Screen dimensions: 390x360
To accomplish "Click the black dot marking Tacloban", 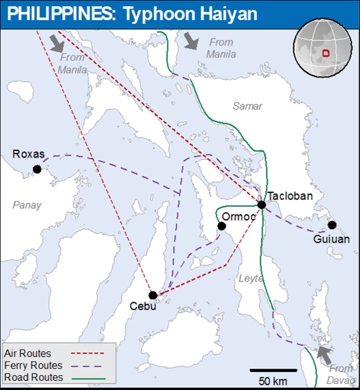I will tap(261, 204).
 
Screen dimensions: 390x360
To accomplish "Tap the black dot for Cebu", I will tap(153, 295).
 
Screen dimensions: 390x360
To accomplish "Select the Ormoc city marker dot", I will tap(221, 226).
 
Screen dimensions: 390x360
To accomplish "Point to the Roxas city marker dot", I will tap(37, 169).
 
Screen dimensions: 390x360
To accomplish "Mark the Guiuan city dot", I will tap(332, 225).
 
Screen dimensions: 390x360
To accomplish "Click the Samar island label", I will tap(248, 106).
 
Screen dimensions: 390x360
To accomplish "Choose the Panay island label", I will tap(27, 205).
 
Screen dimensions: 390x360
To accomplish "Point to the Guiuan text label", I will tap(332, 239).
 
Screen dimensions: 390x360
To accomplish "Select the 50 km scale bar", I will tap(273, 370).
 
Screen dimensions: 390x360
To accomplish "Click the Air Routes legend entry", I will tap(27, 354).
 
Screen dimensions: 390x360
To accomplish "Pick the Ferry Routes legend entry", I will tap(33, 365).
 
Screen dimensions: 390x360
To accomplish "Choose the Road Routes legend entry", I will tap(33, 377).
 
